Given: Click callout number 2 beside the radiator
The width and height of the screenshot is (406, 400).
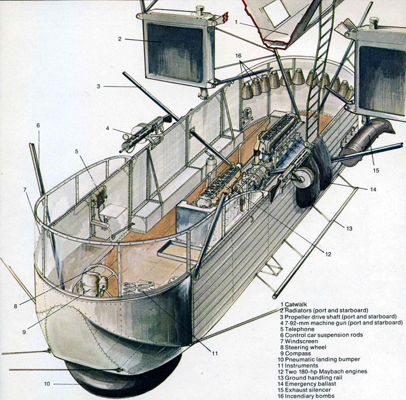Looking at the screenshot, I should pos(120,39).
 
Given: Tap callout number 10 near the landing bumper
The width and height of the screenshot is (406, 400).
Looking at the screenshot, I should pos(47,384).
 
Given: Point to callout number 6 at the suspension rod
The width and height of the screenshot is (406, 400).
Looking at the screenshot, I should pos(38,125).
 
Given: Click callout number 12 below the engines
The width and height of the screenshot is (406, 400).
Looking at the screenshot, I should pos(328,254).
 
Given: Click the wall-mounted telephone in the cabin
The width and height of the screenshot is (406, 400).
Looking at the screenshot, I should pos(100,195).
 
